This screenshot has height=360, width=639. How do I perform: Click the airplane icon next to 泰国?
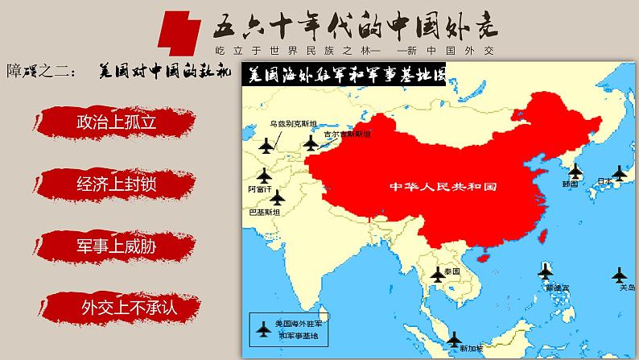click(438, 274)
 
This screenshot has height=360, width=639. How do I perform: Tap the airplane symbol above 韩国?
click(575, 171)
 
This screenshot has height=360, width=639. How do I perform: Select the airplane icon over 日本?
click(618, 171)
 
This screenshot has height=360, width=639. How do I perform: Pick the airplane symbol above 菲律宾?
click(546, 268)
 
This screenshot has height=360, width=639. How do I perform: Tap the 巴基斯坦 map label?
click(266, 213)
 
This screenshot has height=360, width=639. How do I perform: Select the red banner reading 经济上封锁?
click(116, 184)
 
